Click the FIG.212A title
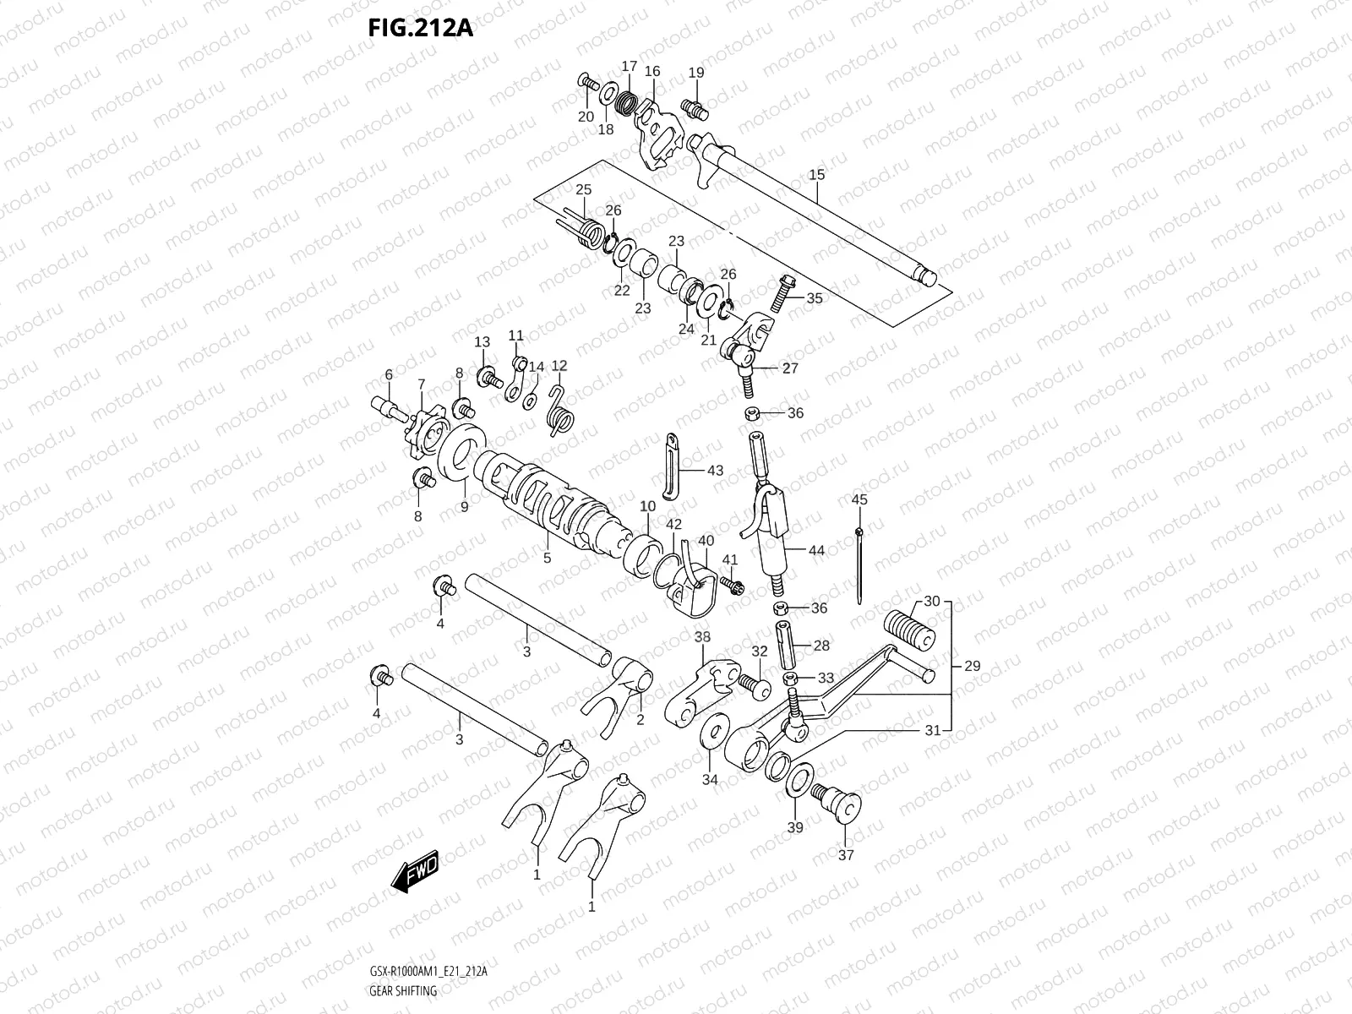tap(420, 27)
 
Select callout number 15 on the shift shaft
tap(816, 175)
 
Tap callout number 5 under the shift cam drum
tap(547, 558)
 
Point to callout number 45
tap(859, 500)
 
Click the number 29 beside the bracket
tap(972, 666)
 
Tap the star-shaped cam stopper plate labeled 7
tap(422, 428)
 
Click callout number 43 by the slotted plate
tap(715, 471)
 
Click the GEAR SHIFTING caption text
tap(403, 991)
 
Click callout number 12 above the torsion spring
tap(559, 366)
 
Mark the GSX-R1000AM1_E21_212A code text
tap(428, 973)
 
